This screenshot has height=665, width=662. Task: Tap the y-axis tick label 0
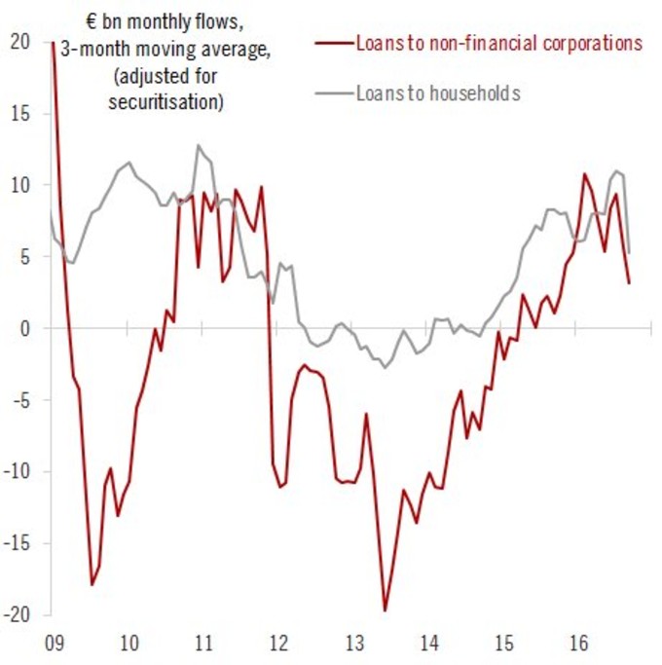click(x=22, y=329)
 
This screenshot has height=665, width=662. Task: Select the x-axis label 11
click(x=203, y=644)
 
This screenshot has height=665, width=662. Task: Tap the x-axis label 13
click(x=355, y=644)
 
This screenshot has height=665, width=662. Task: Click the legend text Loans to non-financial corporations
click(x=498, y=43)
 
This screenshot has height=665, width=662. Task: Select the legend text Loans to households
click(x=440, y=93)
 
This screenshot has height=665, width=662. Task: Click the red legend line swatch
click(x=334, y=44)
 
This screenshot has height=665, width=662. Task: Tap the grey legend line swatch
click(x=334, y=94)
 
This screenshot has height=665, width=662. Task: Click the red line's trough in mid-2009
click(x=92, y=584)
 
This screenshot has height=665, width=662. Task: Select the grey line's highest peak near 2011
click(x=199, y=146)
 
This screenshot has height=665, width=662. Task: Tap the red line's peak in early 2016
click(x=584, y=174)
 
